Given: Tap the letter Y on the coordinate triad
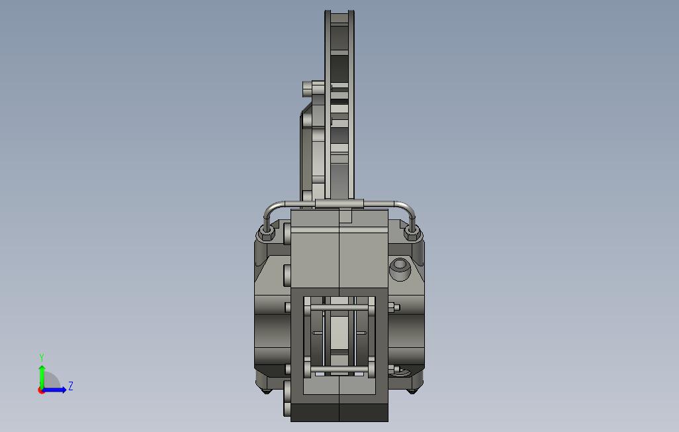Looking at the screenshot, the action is [42, 357].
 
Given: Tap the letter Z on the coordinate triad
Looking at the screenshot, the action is [71, 386].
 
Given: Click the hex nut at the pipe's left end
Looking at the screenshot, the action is [266, 235].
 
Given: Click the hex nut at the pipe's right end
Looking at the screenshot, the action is [412, 234].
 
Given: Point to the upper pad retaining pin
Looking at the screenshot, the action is [339, 307].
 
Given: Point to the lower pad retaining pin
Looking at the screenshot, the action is [339, 369].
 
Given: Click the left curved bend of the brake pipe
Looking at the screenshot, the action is [271, 209].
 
